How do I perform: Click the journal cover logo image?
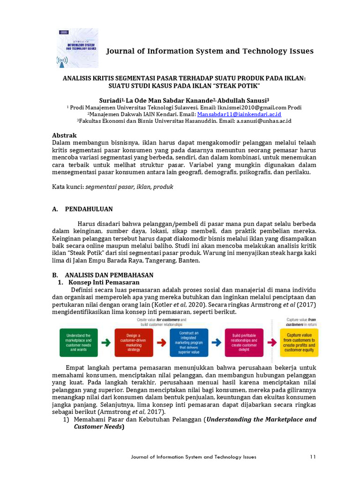(x=77, y=48)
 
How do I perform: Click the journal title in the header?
(x=210, y=51)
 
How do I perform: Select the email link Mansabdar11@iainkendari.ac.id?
(x=239, y=114)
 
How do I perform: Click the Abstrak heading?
(x=64, y=135)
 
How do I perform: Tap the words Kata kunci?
(x=67, y=187)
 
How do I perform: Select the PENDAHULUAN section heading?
(x=89, y=209)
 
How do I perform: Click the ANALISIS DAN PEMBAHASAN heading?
(x=109, y=275)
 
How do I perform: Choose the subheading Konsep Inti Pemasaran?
(x=104, y=283)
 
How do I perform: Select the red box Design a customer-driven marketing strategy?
(x=134, y=342)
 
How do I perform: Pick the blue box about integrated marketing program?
(x=189, y=342)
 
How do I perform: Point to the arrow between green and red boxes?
(x=106, y=343)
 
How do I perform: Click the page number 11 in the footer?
(x=313, y=457)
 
